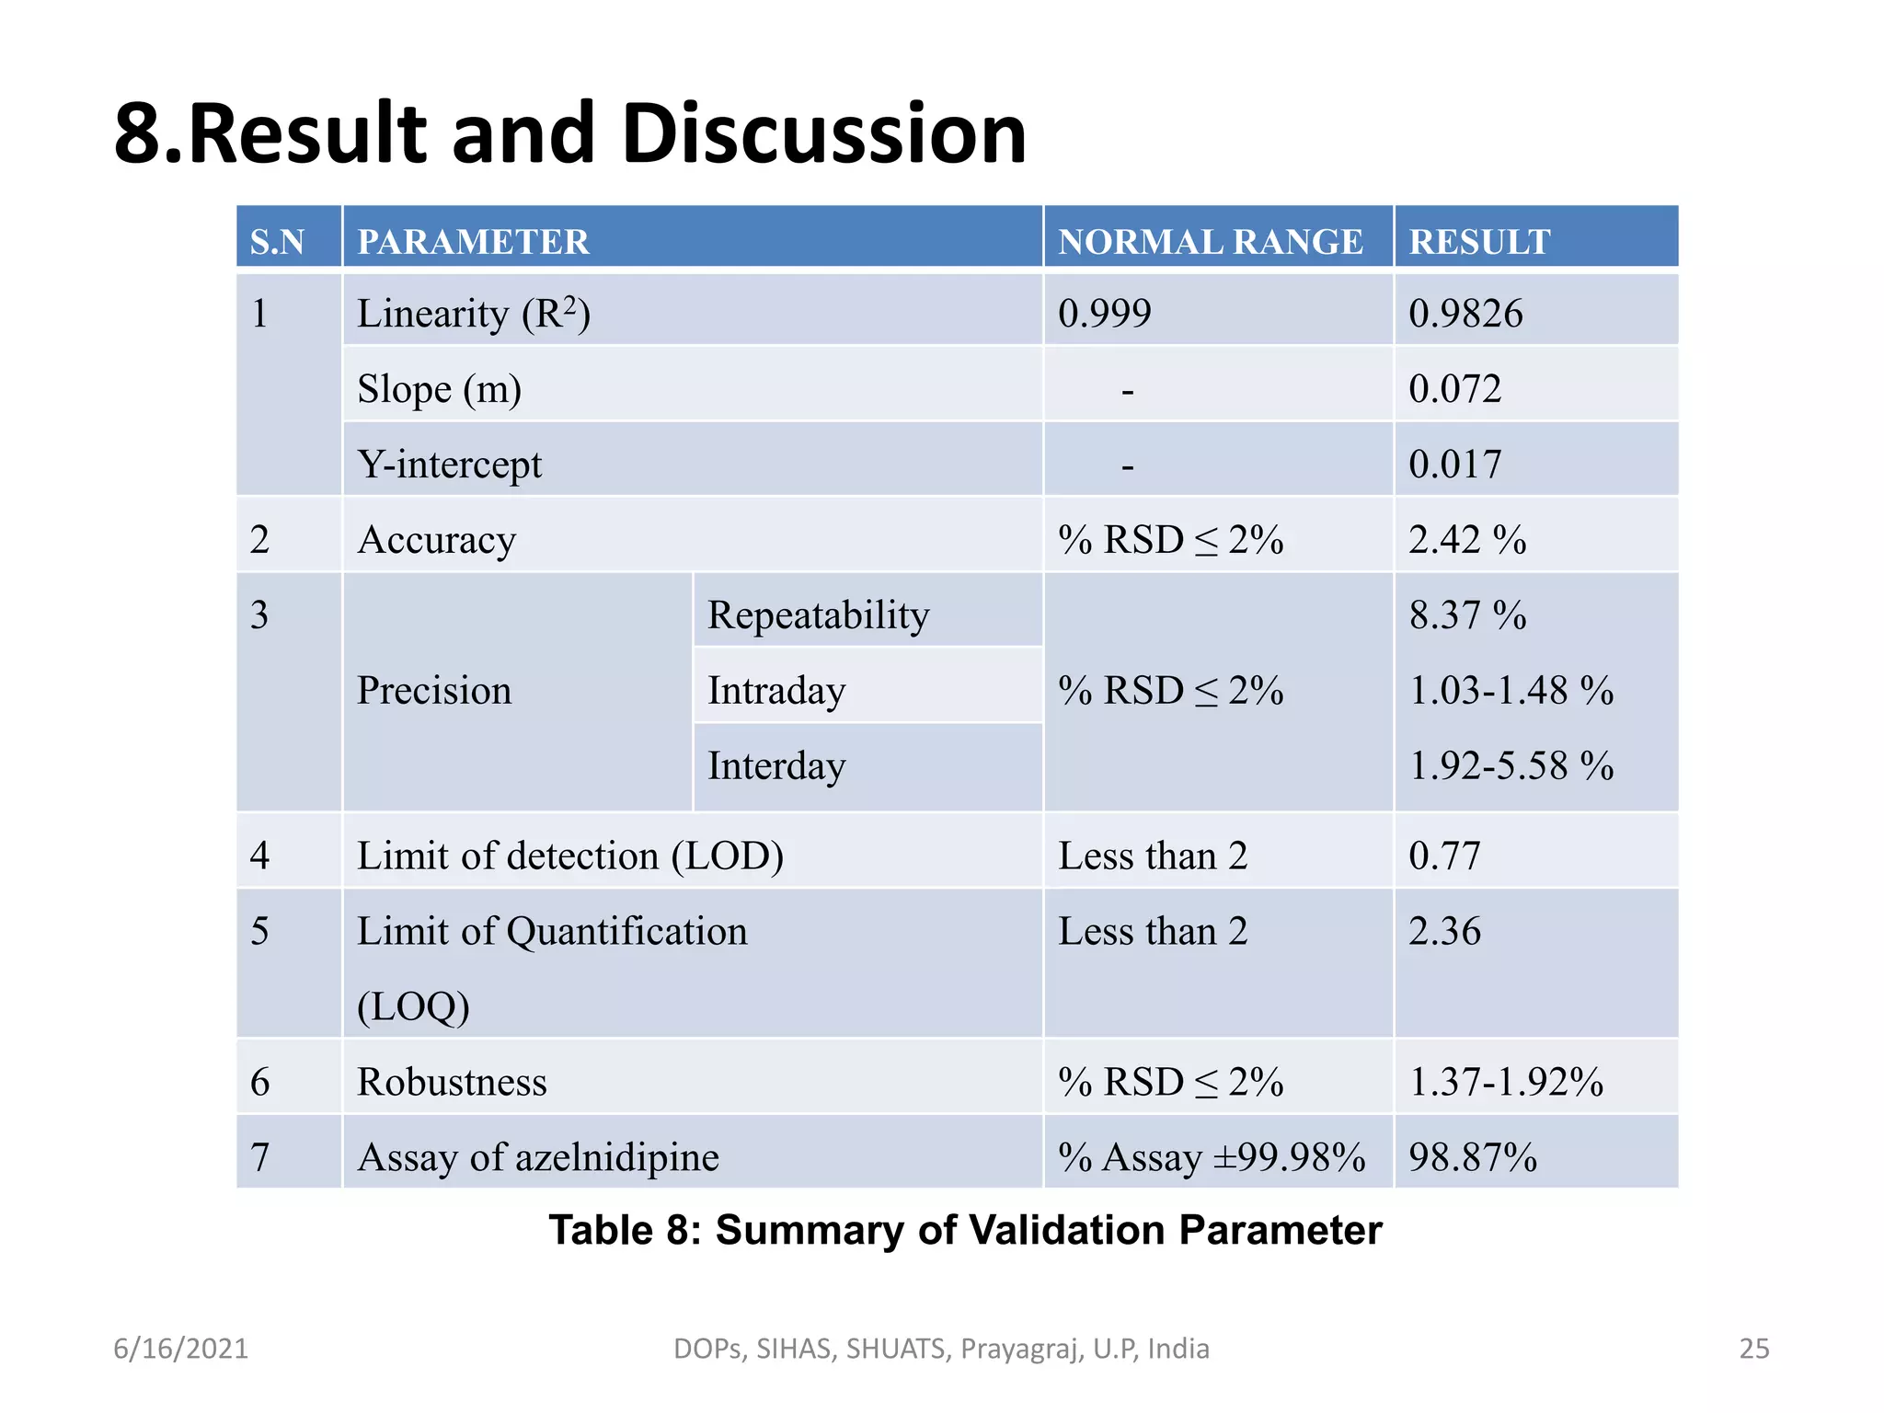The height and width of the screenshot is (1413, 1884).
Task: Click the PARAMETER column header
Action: (x=473, y=242)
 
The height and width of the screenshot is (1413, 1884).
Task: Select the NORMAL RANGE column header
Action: (x=1210, y=242)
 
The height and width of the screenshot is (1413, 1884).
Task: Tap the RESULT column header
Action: (x=1479, y=242)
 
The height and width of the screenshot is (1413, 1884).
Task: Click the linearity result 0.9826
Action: (x=1465, y=314)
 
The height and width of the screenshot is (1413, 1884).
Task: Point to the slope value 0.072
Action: (x=1454, y=389)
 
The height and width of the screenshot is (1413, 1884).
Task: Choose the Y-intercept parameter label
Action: (x=449, y=465)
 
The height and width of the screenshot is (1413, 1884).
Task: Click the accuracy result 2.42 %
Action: (x=1467, y=540)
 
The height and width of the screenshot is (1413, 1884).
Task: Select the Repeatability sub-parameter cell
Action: (x=818, y=615)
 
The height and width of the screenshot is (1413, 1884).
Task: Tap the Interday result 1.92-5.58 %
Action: (x=1511, y=766)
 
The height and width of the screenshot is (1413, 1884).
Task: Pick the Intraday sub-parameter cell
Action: (x=776, y=691)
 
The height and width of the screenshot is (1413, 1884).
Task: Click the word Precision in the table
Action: (x=433, y=691)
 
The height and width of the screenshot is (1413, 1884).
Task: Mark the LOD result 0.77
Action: (x=1444, y=856)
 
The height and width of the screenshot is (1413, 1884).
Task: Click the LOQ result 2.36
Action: (x=1444, y=932)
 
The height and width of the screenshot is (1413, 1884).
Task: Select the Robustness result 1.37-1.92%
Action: (x=1506, y=1082)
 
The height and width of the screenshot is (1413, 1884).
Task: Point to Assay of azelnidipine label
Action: (x=537, y=1157)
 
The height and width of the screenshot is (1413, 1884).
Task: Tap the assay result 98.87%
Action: (x=1473, y=1157)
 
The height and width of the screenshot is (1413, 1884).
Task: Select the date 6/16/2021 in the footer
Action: (x=180, y=1349)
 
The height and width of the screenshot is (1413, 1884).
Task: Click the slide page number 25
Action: (x=1753, y=1349)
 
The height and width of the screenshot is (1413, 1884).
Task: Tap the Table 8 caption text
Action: (x=965, y=1231)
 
